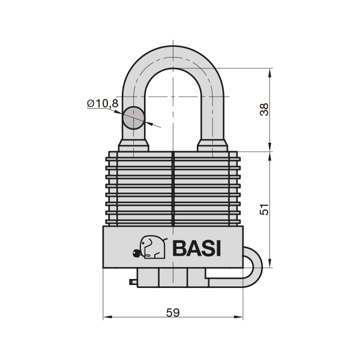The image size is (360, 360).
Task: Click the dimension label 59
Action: pos(173,313)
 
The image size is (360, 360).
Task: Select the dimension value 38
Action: pos(264,110)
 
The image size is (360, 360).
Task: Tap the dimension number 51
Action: pos(264,209)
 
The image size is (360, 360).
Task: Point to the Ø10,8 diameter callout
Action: pos(103,103)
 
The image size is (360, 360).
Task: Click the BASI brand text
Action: pos(197,248)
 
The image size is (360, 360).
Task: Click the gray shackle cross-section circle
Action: pos(133,118)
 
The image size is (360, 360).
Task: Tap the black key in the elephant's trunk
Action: pos(137,253)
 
